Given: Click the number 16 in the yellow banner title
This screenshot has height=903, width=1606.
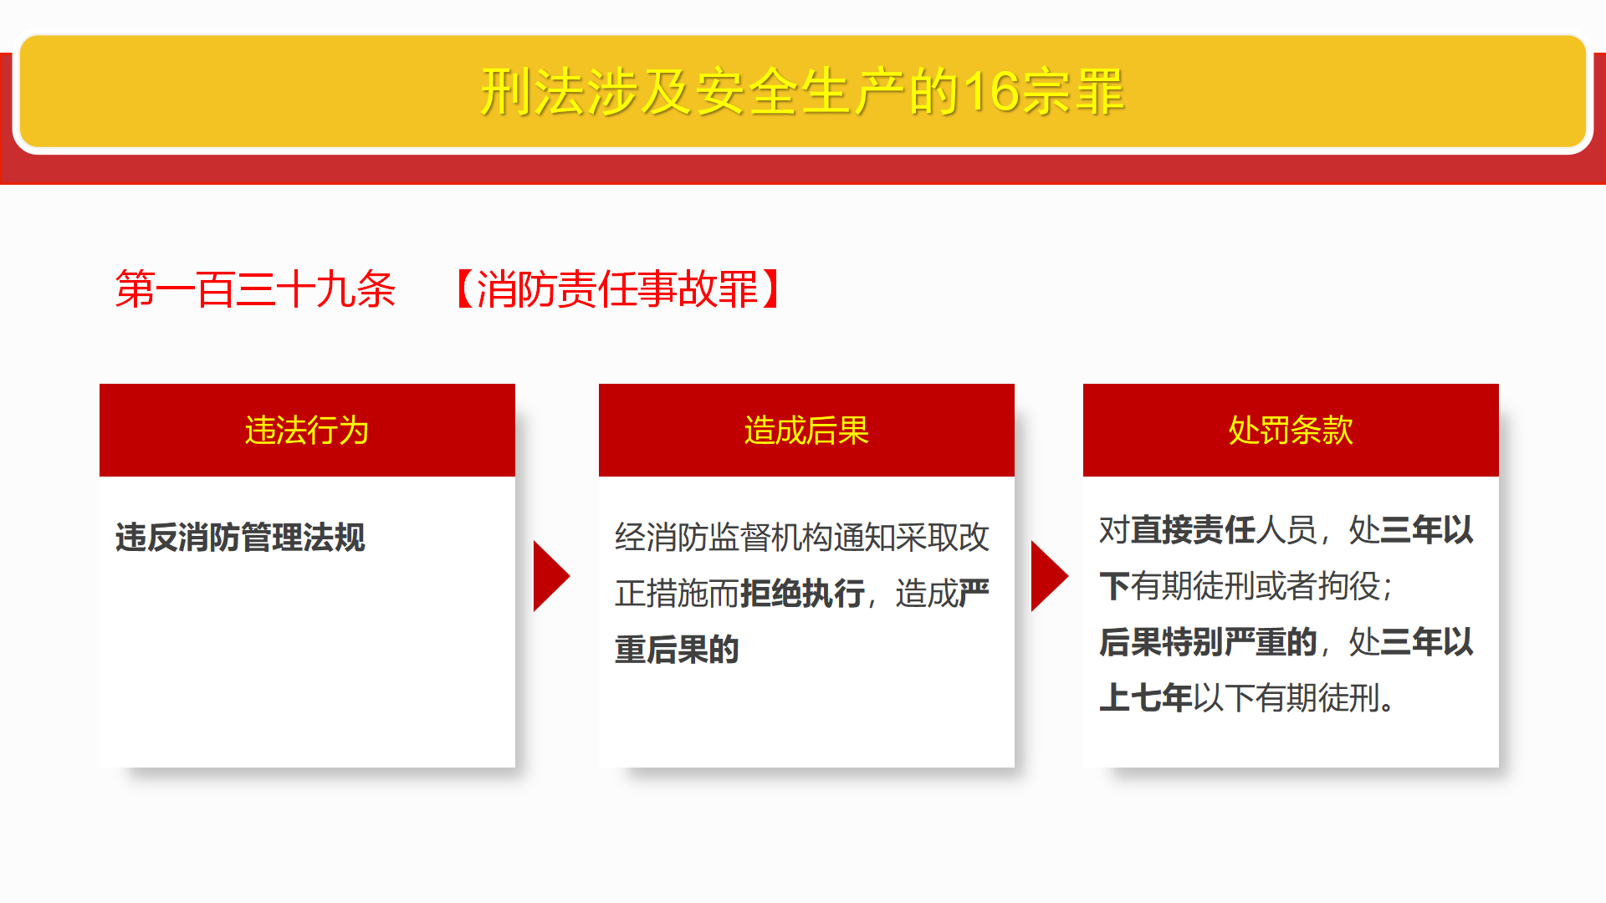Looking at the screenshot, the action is tap(991, 92).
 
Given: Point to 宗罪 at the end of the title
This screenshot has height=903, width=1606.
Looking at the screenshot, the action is tap(1072, 92).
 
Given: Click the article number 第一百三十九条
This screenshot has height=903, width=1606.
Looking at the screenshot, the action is tap(255, 289).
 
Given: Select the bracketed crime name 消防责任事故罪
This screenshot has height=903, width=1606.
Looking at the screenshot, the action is tap(617, 289).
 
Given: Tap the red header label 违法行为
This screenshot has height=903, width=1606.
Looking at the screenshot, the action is tap(307, 431).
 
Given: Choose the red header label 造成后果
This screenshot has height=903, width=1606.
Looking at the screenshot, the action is tap(806, 431).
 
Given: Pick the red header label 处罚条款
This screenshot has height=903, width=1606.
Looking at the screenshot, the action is tap(1291, 431).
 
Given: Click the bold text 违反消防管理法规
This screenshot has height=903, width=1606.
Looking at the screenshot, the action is tap(240, 538).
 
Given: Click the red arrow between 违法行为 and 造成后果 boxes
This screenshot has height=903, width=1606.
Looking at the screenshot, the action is tap(551, 576).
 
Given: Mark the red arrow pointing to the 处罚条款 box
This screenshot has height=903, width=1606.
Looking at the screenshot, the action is tap(1050, 576).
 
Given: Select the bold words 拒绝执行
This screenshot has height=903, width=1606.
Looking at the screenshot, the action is tap(803, 594).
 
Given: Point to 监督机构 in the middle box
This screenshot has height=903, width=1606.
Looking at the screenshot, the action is tap(771, 538).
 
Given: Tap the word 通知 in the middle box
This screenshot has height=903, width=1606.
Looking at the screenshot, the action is tap(864, 538).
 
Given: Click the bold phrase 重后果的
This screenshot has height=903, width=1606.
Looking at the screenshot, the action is tap(677, 650).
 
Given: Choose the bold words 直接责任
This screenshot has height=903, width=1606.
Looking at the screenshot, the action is tap(1193, 530).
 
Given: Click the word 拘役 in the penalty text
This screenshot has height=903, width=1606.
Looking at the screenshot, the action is tap(1348, 586).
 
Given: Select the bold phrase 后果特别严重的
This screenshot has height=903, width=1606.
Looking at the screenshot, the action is tap(1209, 642).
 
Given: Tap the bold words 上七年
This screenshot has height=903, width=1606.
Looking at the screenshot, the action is tap(1146, 698).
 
